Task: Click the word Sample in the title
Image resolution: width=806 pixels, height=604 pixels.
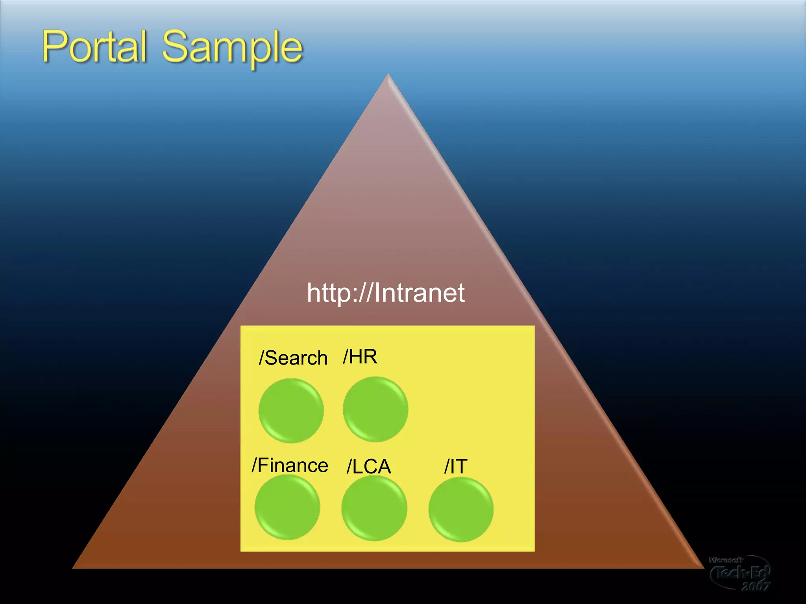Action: [x=232, y=48]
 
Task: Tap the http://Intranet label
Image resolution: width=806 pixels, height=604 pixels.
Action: [x=385, y=293]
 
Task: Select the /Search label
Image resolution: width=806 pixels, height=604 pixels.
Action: [x=293, y=358]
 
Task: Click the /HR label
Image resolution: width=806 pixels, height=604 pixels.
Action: [x=360, y=357]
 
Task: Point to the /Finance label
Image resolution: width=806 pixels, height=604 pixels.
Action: [x=290, y=465]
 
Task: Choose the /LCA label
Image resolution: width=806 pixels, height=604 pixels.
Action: [x=369, y=467]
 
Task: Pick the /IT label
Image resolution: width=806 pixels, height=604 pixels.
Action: [x=456, y=467]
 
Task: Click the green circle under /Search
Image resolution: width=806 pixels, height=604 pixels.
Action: [x=291, y=411]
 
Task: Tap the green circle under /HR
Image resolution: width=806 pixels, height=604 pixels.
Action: [x=375, y=409]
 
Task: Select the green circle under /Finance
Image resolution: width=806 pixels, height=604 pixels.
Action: [x=287, y=507]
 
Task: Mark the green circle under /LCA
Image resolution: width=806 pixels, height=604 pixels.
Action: [x=374, y=508]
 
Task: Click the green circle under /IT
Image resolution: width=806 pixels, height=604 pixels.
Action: [x=461, y=509]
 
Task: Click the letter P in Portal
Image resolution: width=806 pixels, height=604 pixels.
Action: [x=55, y=46]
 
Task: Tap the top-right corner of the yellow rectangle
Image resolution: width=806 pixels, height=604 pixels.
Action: [x=534, y=326]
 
